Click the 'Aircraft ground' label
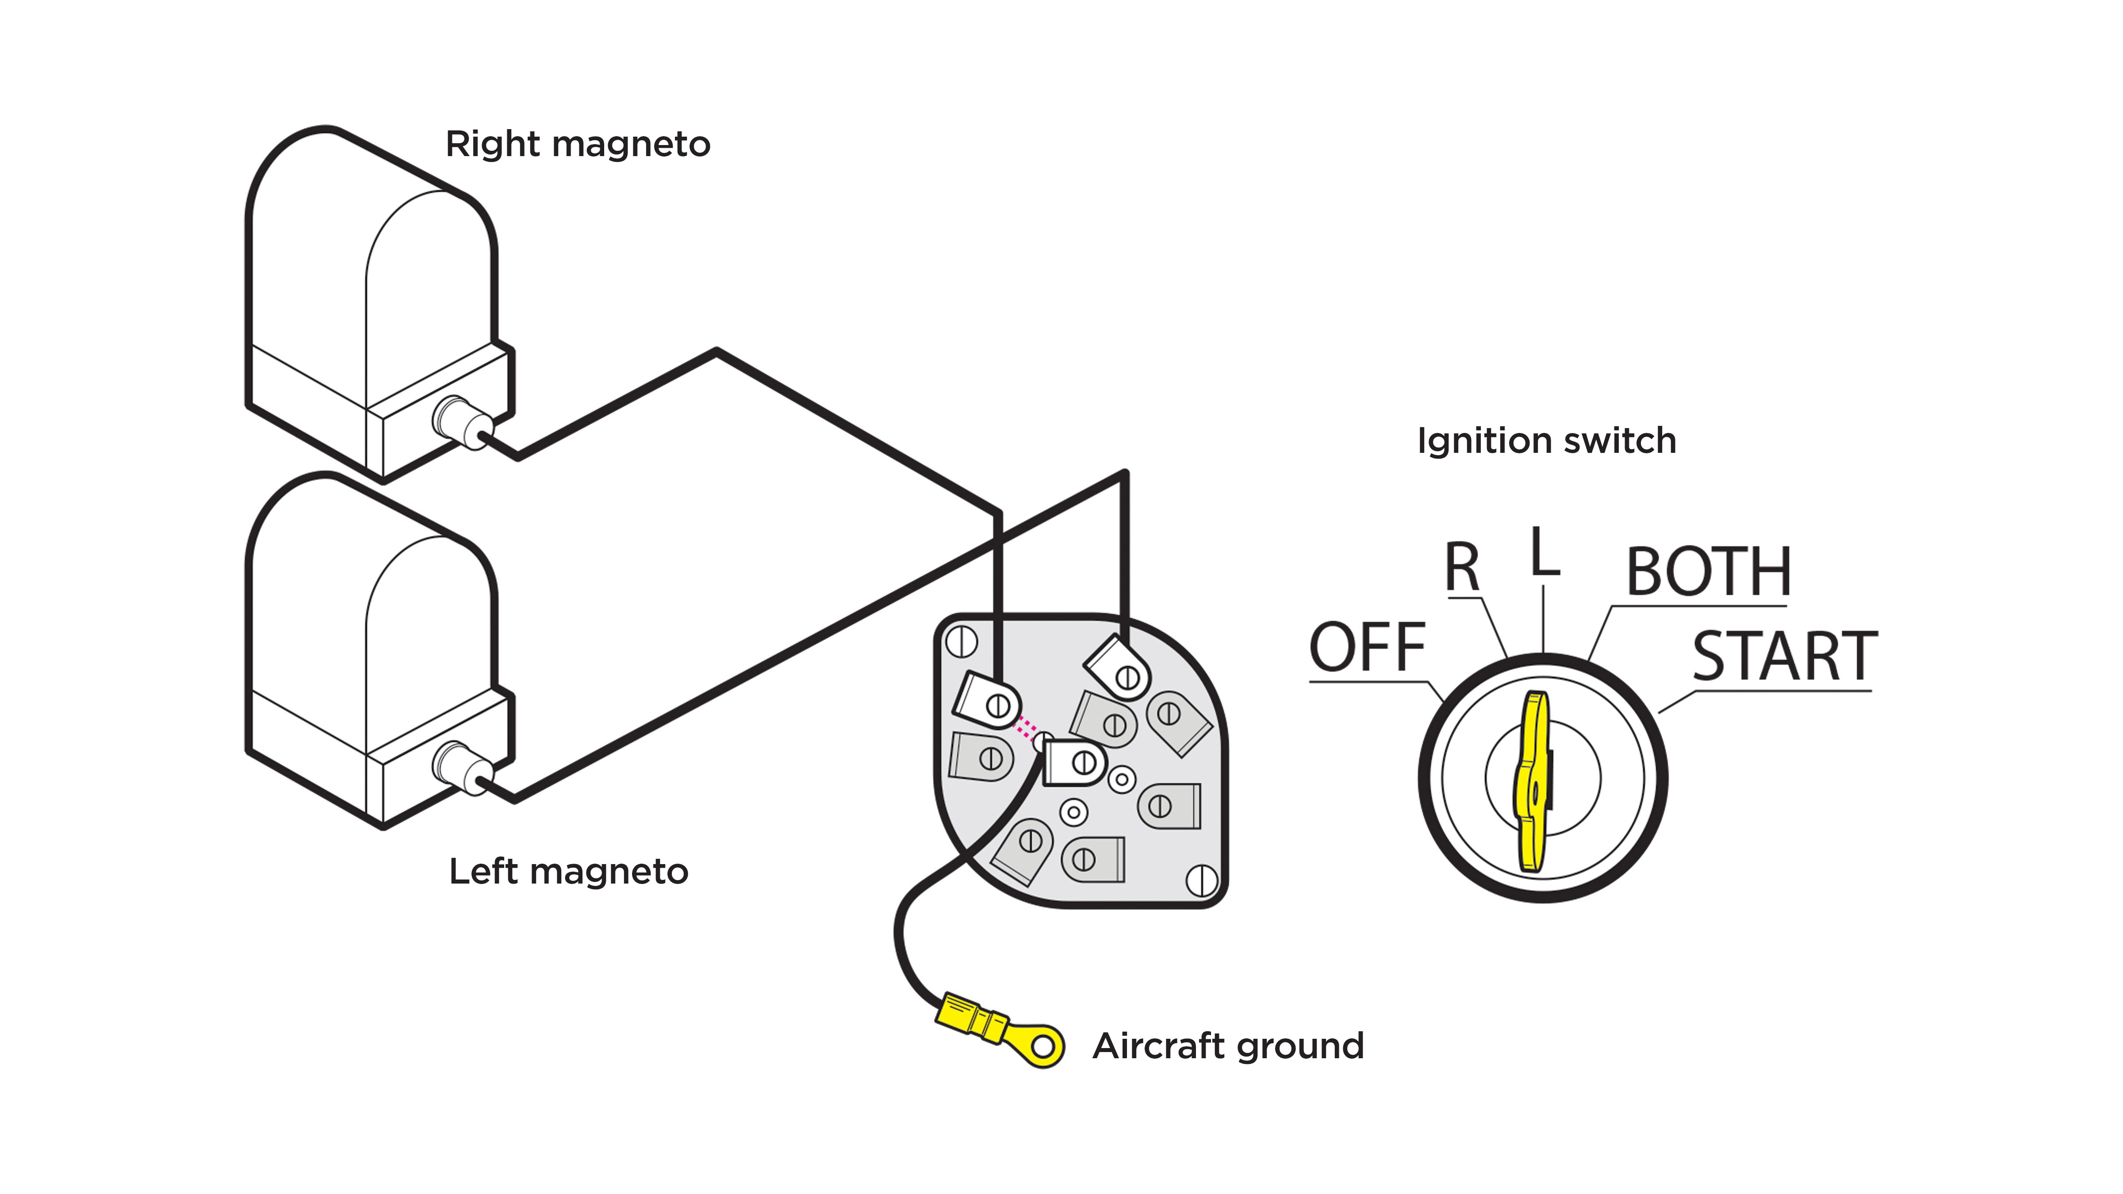pyautogui.click(x=1228, y=1046)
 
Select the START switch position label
pyautogui.click(x=1784, y=657)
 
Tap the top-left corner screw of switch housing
pyautogui.click(x=961, y=641)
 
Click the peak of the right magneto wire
pyautogui.click(x=716, y=352)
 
